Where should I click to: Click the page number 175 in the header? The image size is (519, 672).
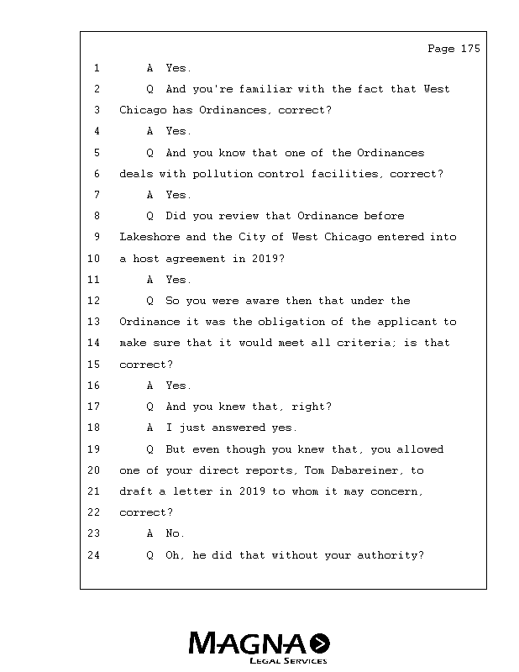point(470,49)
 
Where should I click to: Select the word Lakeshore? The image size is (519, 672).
point(149,237)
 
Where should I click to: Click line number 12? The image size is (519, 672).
point(93,301)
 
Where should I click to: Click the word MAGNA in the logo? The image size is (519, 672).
point(247,643)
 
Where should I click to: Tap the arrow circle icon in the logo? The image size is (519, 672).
point(320,643)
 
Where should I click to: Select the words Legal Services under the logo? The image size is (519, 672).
point(288,660)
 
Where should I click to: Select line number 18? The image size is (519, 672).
point(93,428)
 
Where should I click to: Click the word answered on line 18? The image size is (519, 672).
point(239,428)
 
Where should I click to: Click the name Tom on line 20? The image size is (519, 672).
point(314,470)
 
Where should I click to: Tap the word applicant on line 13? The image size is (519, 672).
point(407,322)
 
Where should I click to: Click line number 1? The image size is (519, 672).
point(97,68)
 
